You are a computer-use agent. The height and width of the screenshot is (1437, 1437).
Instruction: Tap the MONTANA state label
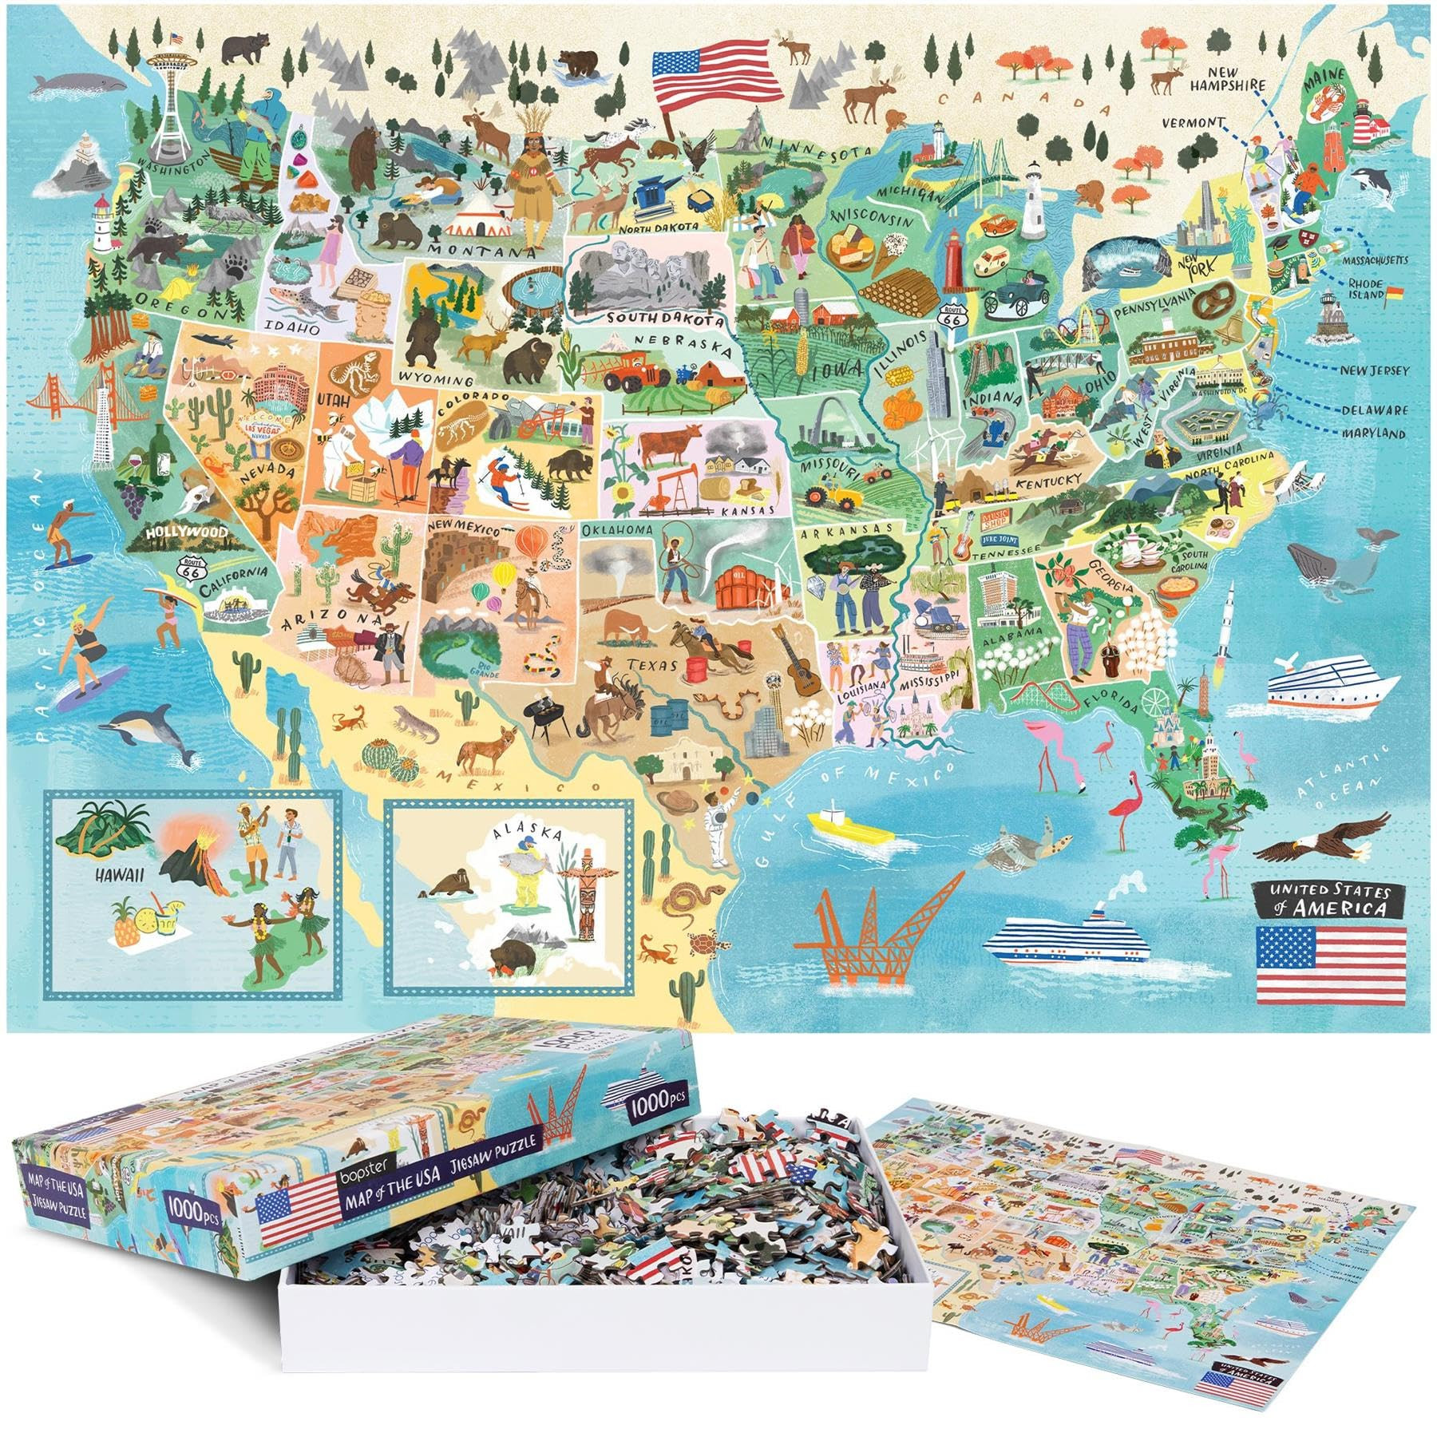coord(483,251)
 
